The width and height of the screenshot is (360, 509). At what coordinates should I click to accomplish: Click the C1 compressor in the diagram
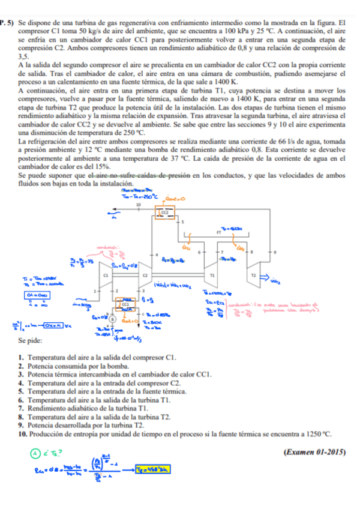[107, 274]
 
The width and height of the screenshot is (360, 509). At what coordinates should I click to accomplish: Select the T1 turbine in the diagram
[212, 274]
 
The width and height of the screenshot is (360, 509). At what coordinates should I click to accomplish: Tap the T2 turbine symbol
[253, 274]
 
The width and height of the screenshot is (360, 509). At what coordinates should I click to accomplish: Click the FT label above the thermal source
[219, 230]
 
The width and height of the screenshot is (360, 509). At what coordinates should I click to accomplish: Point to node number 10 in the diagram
[139, 205]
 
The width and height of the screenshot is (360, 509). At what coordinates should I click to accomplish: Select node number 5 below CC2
[182, 221]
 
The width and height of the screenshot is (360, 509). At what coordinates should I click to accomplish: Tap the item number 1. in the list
[23, 358]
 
